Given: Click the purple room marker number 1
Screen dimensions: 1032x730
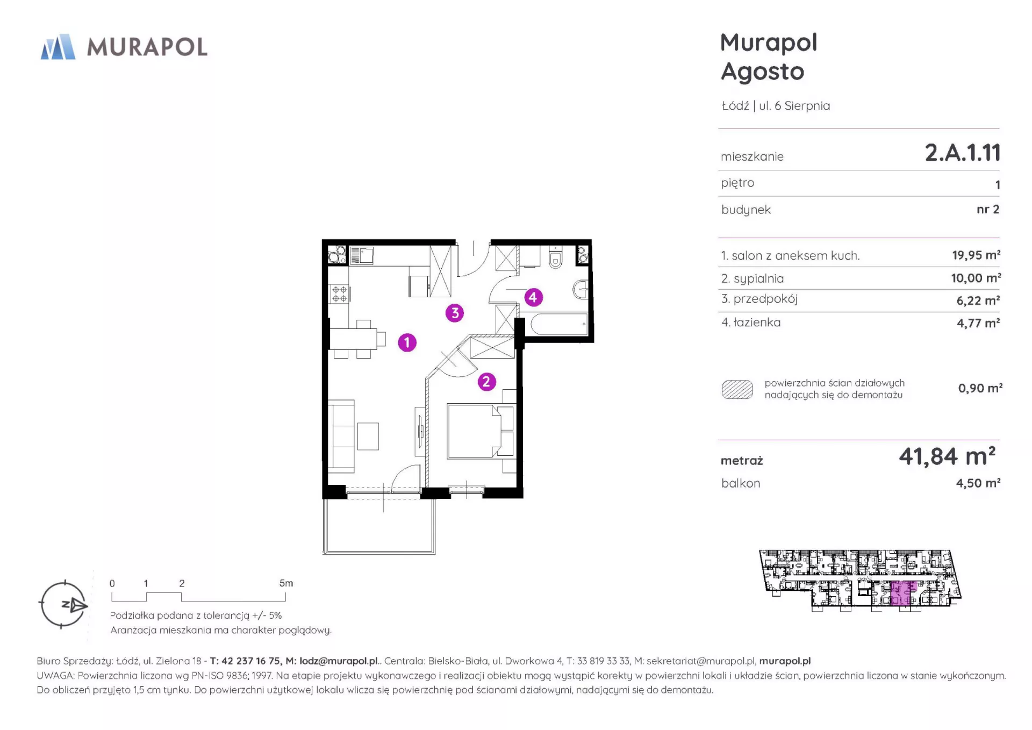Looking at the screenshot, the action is coord(407,342).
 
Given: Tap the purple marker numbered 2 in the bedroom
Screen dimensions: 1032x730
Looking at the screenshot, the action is coord(486,382).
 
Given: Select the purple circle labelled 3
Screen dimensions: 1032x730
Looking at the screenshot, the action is coord(455,313).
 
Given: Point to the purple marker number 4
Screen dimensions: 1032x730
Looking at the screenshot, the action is coord(533,297).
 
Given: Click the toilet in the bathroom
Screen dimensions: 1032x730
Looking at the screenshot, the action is coord(555,258).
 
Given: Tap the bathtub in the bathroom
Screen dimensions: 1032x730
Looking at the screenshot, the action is coord(559,325).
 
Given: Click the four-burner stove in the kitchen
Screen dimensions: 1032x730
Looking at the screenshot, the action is coord(339,294).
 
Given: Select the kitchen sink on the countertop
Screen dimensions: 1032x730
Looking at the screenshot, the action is coord(362,255).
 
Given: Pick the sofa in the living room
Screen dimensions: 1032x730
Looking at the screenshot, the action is coord(341,436).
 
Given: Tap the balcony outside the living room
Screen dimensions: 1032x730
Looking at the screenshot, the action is coord(379,526).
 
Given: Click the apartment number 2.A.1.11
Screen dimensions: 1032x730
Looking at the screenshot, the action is coord(962,153).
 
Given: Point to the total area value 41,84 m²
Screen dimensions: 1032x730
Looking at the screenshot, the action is coord(947,456).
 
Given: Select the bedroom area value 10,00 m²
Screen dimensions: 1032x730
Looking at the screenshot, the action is coord(976,278).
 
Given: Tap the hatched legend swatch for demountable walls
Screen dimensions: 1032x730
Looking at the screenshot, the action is coord(737,389).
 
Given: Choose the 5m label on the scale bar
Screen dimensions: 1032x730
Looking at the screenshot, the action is coord(286,583).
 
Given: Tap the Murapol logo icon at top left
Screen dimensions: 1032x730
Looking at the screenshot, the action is coord(58,47).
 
